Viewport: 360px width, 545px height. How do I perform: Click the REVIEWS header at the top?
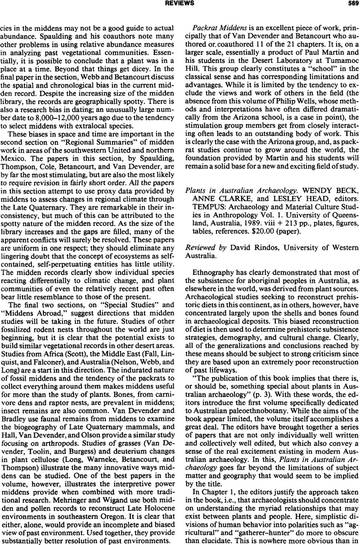point(180,3)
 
